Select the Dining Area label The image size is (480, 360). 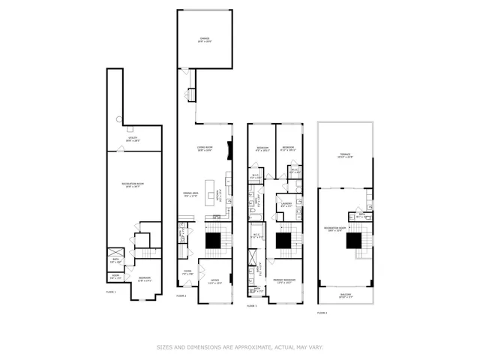coord(190,195)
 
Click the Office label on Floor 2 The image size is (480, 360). coord(215,282)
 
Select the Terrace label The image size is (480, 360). coord(344,156)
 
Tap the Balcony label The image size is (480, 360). coord(345,295)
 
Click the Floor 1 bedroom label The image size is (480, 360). coord(144,279)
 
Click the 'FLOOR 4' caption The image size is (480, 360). coord(322,312)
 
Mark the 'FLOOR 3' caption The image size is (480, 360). coord(252,306)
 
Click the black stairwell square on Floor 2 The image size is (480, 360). coord(214,240)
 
